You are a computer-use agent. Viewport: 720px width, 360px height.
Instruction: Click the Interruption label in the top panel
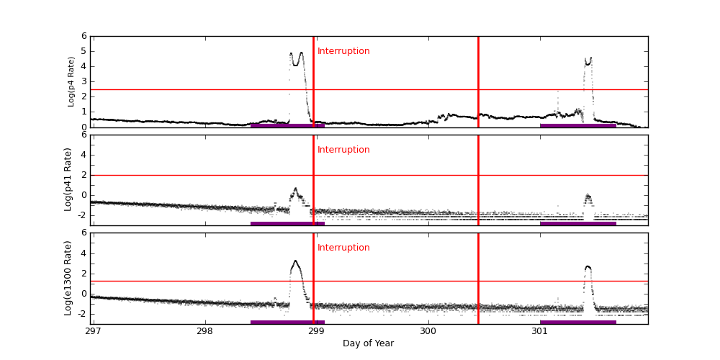click(x=343, y=51)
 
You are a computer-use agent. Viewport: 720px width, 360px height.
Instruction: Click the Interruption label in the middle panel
click(x=343, y=150)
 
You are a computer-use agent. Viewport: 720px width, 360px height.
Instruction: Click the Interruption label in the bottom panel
click(x=343, y=248)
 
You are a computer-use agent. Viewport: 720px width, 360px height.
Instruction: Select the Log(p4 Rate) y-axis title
click(x=71, y=81)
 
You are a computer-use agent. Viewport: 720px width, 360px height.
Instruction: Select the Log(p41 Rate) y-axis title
click(x=68, y=179)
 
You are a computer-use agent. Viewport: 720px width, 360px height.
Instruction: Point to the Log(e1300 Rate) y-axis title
click(x=68, y=278)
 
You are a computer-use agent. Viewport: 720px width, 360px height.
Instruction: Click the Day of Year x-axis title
click(x=368, y=343)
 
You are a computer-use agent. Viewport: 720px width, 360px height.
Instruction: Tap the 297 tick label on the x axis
click(x=93, y=331)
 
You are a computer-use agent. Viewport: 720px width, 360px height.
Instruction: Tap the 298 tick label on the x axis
click(x=205, y=331)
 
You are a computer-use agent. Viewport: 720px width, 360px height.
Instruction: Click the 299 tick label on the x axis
click(x=317, y=331)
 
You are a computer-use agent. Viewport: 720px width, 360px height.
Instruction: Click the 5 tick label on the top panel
click(x=84, y=51)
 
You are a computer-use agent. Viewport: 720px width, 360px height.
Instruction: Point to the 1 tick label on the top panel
click(x=84, y=112)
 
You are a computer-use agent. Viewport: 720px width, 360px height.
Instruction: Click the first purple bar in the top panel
click(x=287, y=125)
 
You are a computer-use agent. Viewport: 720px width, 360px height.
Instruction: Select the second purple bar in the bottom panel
click(x=577, y=322)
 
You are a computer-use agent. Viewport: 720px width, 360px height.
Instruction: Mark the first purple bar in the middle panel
click(x=287, y=223)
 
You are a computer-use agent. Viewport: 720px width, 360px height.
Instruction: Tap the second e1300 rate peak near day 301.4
click(x=588, y=267)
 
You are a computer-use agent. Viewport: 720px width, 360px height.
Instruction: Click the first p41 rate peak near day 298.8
click(x=295, y=190)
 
